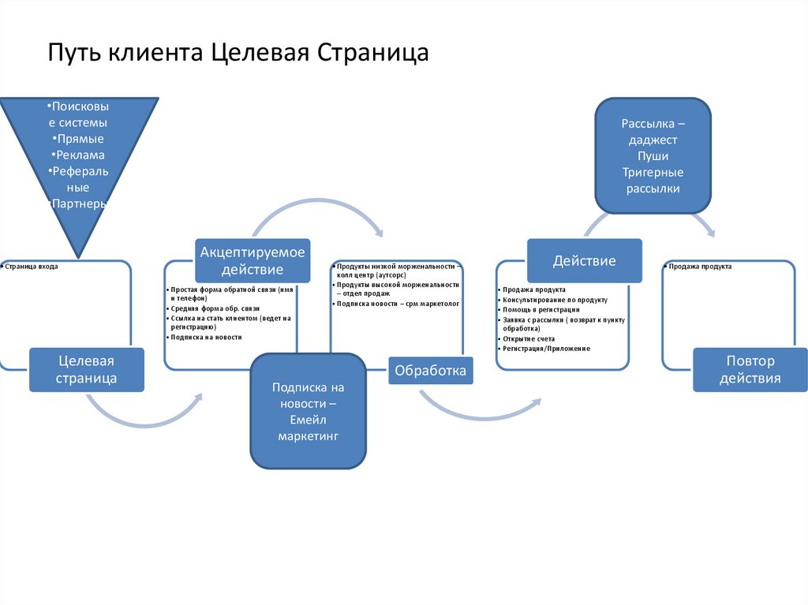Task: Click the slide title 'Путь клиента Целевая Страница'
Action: point(238,53)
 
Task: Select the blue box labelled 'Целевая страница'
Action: point(87,369)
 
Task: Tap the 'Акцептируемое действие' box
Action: point(252,260)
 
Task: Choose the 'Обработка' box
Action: point(430,369)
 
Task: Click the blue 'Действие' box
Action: point(584,260)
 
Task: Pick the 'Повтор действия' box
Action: point(750,369)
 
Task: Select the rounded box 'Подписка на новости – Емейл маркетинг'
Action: point(308,412)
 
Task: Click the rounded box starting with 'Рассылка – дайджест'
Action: point(653,156)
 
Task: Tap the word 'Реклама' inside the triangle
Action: point(79,155)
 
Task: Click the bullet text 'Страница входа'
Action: point(32,267)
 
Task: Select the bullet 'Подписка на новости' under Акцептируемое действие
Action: point(207,337)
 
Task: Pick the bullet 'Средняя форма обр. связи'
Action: point(215,308)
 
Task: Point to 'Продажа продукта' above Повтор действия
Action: point(700,267)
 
